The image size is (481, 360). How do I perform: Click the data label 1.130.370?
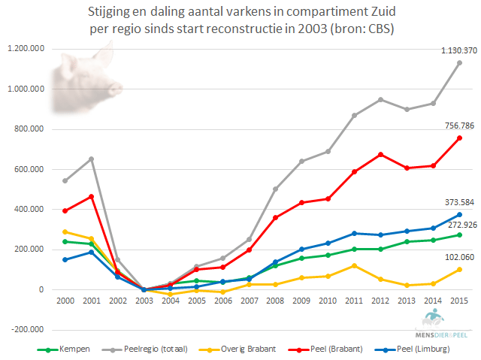(457, 50)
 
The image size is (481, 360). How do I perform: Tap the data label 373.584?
(457, 202)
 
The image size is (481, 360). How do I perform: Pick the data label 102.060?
(457, 258)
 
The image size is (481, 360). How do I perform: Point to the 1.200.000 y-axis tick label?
(25, 49)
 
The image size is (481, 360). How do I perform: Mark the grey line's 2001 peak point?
(91, 159)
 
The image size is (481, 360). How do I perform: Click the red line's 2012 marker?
(380, 154)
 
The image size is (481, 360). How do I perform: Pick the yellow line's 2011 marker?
(354, 265)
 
